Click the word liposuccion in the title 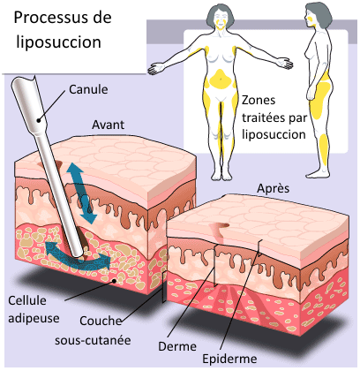(x=58, y=42)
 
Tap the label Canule (x=88, y=89)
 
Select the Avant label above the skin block (x=108, y=125)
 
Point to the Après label (x=274, y=189)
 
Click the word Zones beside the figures (x=259, y=101)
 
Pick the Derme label (x=177, y=346)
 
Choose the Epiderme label (x=229, y=360)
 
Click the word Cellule (x=27, y=300)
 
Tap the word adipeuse (x=34, y=318)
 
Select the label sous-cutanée (x=93, y=340)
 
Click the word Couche (x=101, y=321)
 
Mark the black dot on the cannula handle (x=39, y=120)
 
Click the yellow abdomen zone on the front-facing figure (x=220, y=79)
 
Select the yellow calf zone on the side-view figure (x=324, y=148)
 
